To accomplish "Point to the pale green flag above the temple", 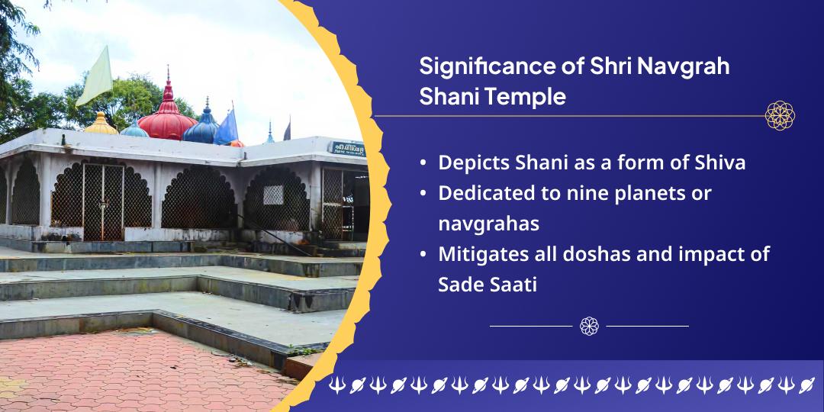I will pyautogui.click(x=95, y=76).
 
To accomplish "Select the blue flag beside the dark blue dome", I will pyautogui.click(x=227, y=127).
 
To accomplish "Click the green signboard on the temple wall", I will pyautogui.click(x=347, y=148).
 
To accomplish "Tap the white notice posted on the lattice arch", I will pyautogui.click(x=273, y=195).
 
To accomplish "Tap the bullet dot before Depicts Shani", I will pyautogui.click(x=423, y=163).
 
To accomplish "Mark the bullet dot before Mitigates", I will pyautogui.click(x=423, y=255).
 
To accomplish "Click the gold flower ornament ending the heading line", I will pyautogui.click(x=780, y=116).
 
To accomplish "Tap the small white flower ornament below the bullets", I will pyautogui.click(x=589, y=326).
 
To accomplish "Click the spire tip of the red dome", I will pyautogui.click(x=169, y=70).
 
